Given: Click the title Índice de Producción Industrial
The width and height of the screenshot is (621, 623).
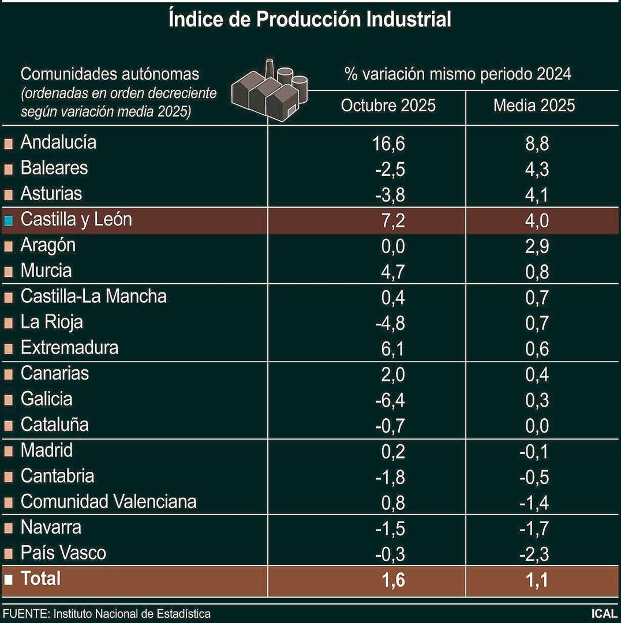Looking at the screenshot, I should pyautogui.click(x=310, y=19).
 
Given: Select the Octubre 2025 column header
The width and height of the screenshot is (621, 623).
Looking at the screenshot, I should pyautogui.click(x=388, y=106).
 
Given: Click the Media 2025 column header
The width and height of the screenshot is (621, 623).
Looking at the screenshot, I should pyautogui.click(x=534, y=106).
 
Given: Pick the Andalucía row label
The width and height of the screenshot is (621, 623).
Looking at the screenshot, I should pyautogui.click(x=58, y=142).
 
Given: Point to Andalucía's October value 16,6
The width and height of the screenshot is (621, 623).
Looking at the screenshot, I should pyautogui.click(x=390, y=144).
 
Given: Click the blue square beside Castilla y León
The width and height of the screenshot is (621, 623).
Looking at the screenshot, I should pyautogui.click(x=9, y=220).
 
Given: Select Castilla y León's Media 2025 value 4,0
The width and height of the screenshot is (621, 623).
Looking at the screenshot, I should pyautogui.click(x=536, y=220).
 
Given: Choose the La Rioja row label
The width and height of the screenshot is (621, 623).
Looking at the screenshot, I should pyautogui.click(x=51, y=322).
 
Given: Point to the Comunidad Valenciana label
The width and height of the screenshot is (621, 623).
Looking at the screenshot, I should pyautogui.click(x=109, y=502).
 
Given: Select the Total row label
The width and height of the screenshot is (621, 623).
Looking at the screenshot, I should pyautogui.click(x=40, y=579).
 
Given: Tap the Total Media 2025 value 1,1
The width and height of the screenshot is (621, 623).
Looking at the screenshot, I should pyautogui.click(x=536, y=580).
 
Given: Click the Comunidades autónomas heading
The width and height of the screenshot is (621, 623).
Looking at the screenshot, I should pyautogui.click(x=110, y=74).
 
